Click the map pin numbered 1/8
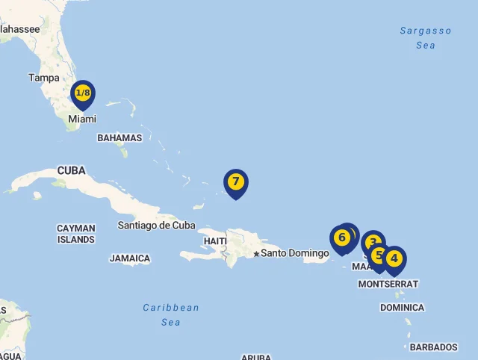83,94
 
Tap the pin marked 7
235,181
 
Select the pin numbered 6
341,238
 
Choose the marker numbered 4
394,259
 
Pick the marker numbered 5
379,255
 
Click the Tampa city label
43,78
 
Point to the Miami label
82,119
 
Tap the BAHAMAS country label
119,137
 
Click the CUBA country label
71,171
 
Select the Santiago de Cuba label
157,225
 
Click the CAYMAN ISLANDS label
76,234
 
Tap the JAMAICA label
130,258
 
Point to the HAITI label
215,241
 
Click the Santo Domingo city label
294,253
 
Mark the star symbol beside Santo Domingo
256,254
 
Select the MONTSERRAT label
388,284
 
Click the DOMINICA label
402,308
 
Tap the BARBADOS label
433,347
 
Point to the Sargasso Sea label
426,37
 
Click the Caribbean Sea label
171,314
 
